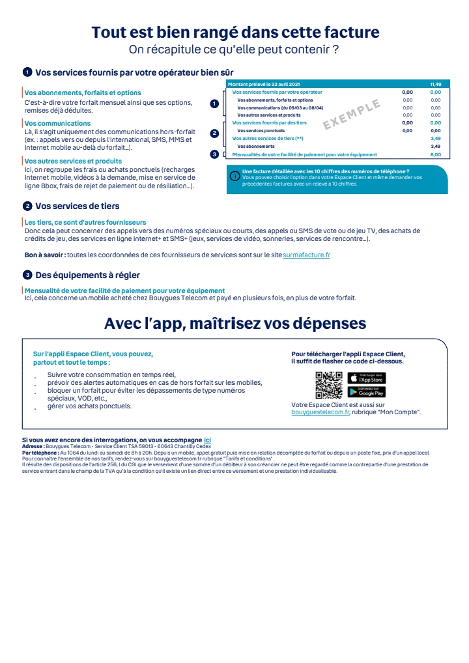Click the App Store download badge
[367, 378]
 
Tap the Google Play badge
[367, 391]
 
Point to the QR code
[329, 385]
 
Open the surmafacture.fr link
[307, 255]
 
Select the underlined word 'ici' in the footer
[207, 441]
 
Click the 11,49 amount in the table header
[436, 85]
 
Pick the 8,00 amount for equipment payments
[436, 154]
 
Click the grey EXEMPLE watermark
[352, 115]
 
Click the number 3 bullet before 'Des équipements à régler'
[27, 275]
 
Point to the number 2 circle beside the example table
[214, 133]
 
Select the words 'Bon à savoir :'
[45, 255]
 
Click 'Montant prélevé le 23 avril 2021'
[264, 85]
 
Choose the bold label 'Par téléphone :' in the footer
[40, 452]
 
